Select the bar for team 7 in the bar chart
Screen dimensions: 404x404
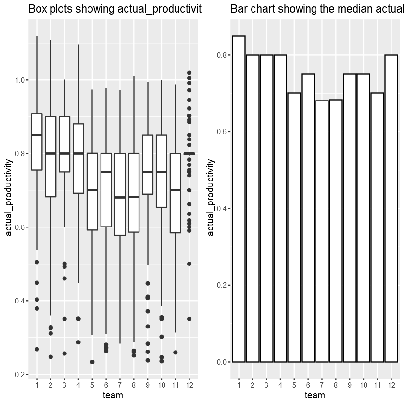(x=322, y=231)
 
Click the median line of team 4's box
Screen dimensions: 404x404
(x=78, y=153)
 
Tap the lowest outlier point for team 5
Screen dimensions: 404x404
(x=92, y=362)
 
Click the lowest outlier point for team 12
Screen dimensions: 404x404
(x=189, y=319)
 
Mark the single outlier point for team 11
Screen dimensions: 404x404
(x=176, y=353)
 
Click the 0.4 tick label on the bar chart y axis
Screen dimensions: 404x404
(x=221, y=208)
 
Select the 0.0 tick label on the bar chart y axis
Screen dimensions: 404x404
(x=221, y=362)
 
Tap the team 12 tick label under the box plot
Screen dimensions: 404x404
(x=189, y=385)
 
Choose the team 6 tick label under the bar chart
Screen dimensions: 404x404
(x=308, y=385)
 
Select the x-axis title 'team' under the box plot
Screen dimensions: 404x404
(x=113, y=395)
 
